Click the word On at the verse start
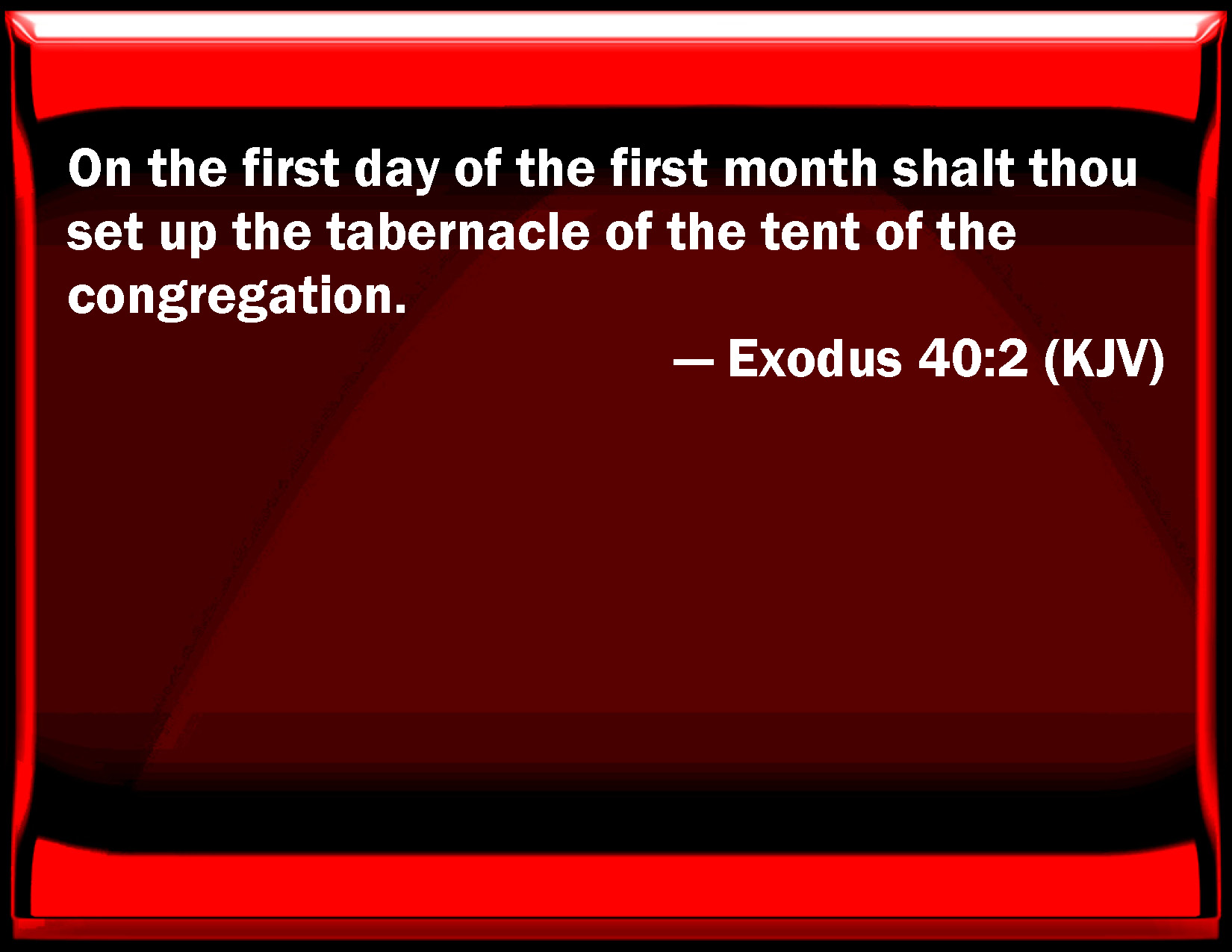[x=99, y=168]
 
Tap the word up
[x=188, y=237]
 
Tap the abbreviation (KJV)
[x=1104, y=360]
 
